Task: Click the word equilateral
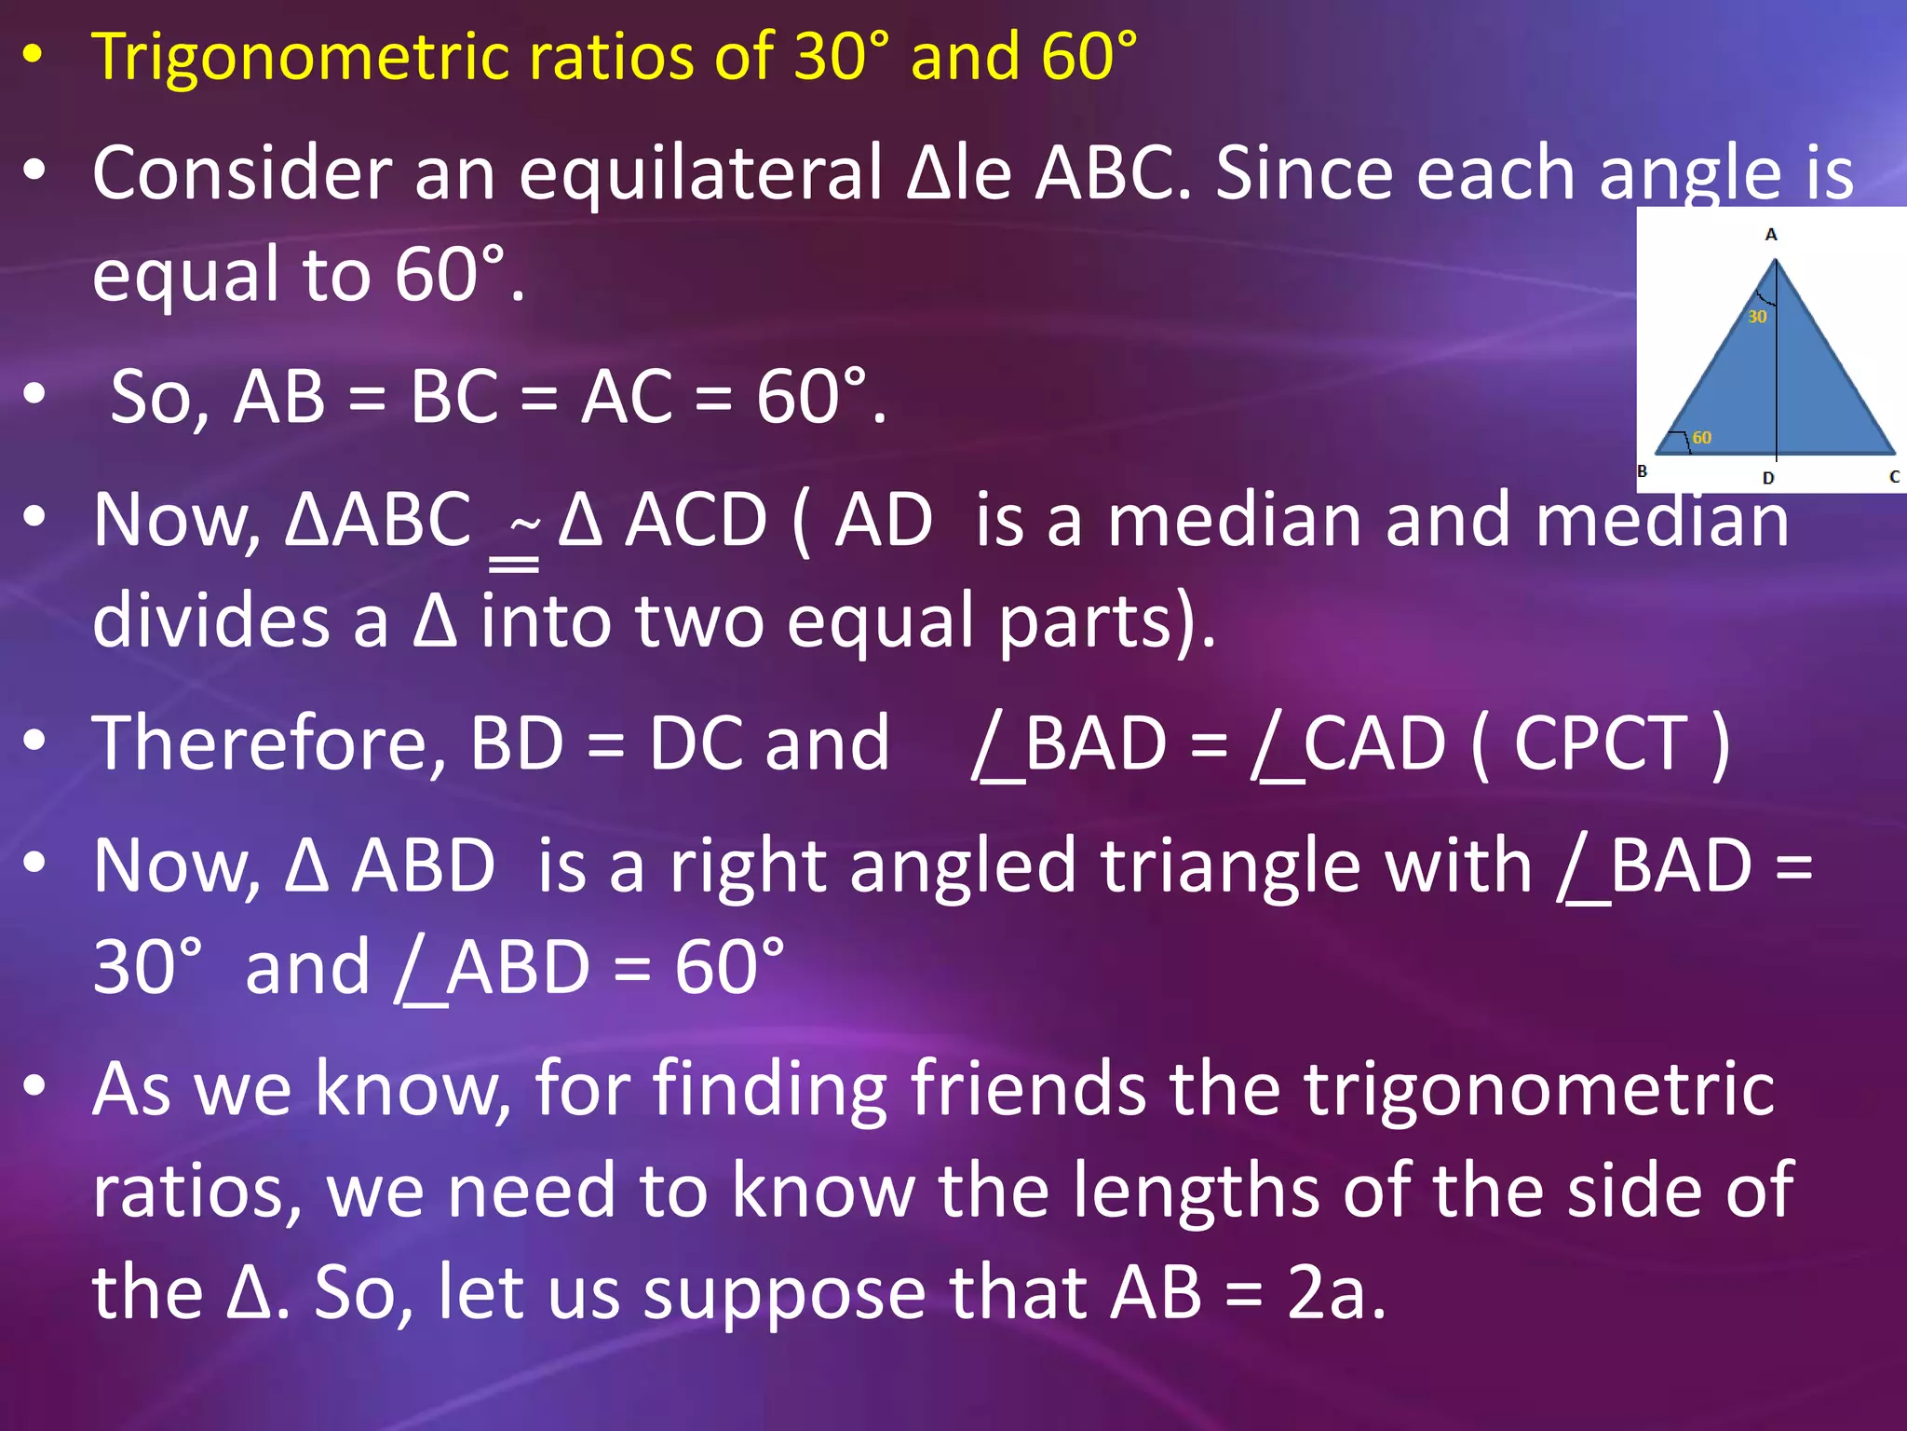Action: coord(698,174)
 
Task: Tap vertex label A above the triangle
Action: coord(1771,235)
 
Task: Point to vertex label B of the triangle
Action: coord(1643,471)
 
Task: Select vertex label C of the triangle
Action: coord(1894,476)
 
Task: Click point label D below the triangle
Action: coord(1768,478)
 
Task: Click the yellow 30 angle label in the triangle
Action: coord(1757,317)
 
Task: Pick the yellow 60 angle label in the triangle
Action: coord(1702,437)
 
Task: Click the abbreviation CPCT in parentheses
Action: coord(1601,744)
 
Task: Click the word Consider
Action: coord(242,174)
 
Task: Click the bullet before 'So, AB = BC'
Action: coord(34,394)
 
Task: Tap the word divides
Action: coord(210,621)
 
